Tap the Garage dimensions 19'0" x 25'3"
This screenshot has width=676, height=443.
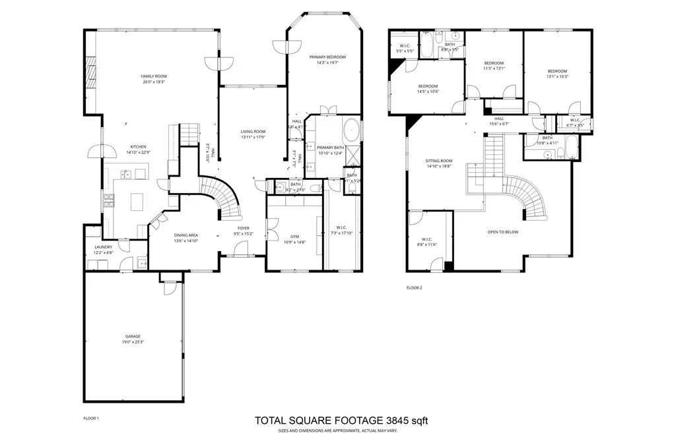133,341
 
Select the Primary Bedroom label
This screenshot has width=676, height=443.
327,57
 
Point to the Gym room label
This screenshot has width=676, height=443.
294,236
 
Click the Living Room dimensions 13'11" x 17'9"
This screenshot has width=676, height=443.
252,137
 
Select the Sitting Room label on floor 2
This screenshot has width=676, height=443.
438,161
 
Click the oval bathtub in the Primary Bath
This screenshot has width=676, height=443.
352,129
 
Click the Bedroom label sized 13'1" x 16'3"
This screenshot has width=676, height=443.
557,71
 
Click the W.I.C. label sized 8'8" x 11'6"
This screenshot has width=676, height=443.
428,239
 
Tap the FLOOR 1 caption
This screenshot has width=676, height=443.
91,418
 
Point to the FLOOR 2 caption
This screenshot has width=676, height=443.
413,287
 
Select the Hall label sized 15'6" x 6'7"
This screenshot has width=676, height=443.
498,119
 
